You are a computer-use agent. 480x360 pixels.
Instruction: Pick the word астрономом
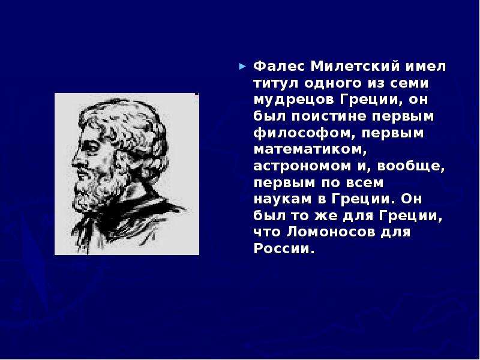(302, 166)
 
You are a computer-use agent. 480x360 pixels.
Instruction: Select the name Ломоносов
(331, 232)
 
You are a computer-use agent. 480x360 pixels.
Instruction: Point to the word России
(282, 248)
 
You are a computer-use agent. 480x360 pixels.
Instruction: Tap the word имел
(425, 67)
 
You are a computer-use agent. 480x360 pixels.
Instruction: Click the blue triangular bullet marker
(242, 66)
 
